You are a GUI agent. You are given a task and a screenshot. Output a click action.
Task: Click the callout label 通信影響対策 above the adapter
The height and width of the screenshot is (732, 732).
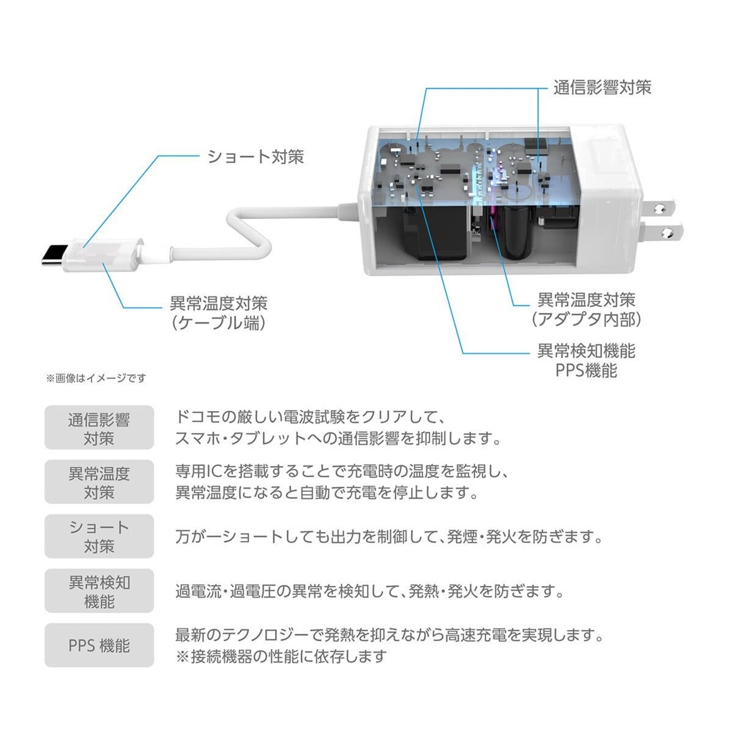click(602, 87)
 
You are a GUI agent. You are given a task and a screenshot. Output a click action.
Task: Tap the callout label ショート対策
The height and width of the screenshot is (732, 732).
click(256, 157)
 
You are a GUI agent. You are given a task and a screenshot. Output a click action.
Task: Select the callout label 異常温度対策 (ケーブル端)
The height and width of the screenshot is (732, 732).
click(219, 313)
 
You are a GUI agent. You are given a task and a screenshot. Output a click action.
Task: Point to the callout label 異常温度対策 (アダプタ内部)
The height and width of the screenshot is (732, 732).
click(586, 310)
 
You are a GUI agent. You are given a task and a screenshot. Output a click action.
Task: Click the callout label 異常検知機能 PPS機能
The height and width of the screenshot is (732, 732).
click(586, 360)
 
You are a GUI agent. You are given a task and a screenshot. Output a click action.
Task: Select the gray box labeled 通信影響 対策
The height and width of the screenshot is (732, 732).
click(99, 427)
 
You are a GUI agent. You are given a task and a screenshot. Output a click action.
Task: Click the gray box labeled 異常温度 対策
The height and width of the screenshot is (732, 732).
click(99, 482)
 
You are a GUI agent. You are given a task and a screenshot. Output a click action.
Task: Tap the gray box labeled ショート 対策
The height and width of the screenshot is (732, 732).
click(99, 536)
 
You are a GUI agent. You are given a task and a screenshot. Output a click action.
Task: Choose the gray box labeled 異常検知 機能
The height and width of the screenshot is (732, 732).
click(99, 590)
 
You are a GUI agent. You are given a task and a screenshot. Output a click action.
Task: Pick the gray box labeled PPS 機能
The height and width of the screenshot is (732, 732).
click(99, 645)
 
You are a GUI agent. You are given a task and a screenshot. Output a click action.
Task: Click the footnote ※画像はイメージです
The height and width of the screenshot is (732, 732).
click(96, 378)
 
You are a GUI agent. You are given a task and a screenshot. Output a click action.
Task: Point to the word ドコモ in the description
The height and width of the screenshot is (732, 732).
click(198, 417)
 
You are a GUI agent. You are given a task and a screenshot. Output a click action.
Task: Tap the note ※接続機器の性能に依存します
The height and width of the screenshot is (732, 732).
click(281, 656)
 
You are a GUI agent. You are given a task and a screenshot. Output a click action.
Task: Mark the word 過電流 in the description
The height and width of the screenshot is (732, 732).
click(198, 591)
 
